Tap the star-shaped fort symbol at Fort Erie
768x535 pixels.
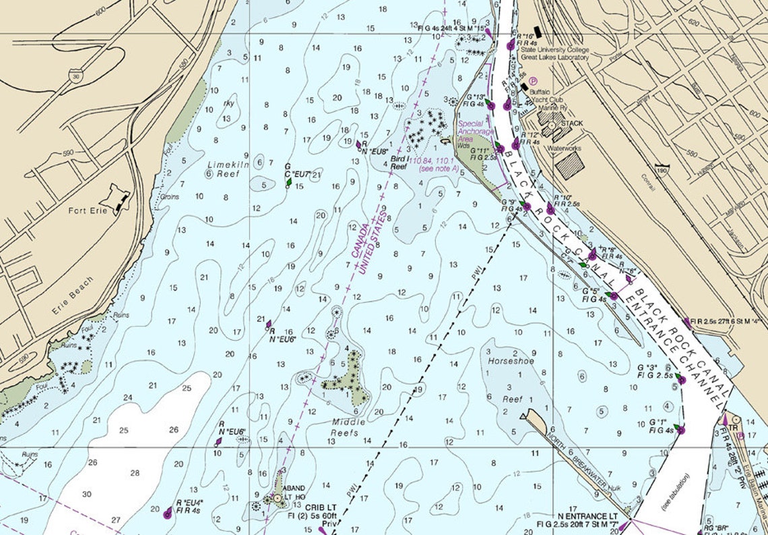click(116, 199)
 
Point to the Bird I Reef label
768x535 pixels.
click(399, 161)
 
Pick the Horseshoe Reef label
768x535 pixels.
click(511, 380)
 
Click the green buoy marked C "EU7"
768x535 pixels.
click(290, 181)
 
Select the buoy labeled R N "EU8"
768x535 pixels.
click(358, 144)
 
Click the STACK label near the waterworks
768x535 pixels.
click(571, 123)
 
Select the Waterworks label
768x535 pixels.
click(564, 148)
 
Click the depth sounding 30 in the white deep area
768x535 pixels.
click(86, 494)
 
